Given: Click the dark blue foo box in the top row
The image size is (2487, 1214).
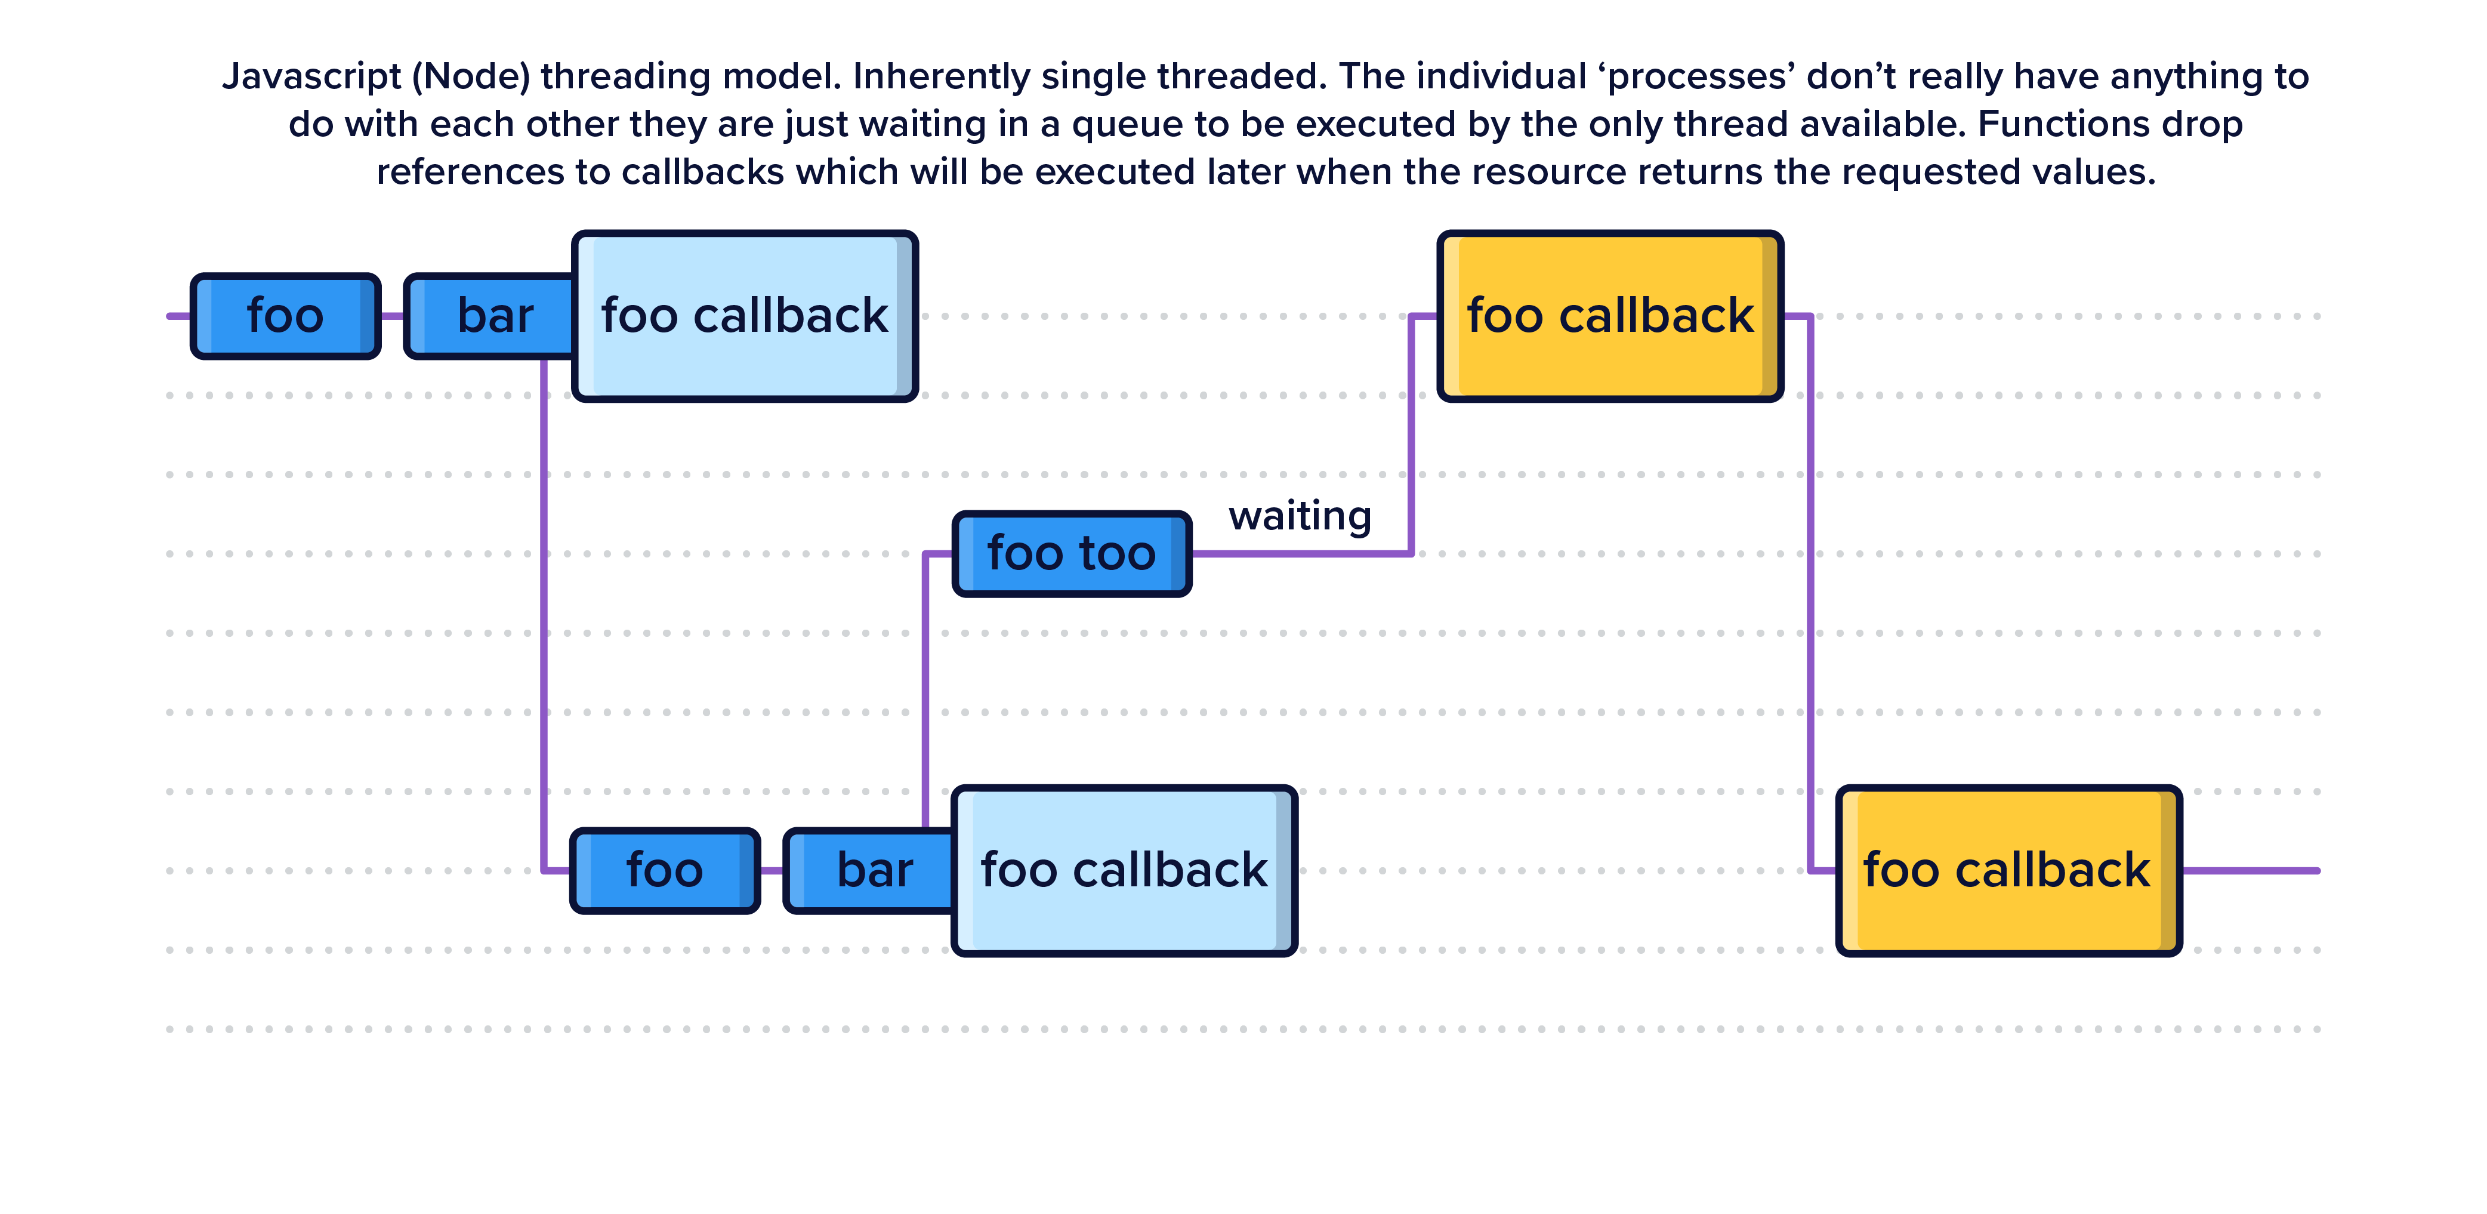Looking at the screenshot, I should point(285,316).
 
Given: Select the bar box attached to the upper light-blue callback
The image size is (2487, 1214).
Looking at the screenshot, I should point(492,316).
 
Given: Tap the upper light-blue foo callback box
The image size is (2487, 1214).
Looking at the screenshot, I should point(743,316).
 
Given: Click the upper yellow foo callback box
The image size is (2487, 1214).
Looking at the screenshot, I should point(1609,316).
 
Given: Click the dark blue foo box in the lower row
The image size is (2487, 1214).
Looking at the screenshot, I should point(664,870).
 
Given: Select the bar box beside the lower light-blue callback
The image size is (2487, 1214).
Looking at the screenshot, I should point(872,870).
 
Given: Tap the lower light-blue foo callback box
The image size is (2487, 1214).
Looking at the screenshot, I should point(1124,870).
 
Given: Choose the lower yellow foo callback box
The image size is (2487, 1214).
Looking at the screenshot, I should point(2007,870).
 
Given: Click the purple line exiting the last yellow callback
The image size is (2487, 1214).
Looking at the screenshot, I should point(2250,870).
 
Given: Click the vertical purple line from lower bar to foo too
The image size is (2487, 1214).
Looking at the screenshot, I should point(925,691).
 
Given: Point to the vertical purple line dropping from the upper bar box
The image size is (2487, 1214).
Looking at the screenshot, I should point(544,618).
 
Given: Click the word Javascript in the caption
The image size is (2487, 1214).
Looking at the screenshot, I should point(311,76).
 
